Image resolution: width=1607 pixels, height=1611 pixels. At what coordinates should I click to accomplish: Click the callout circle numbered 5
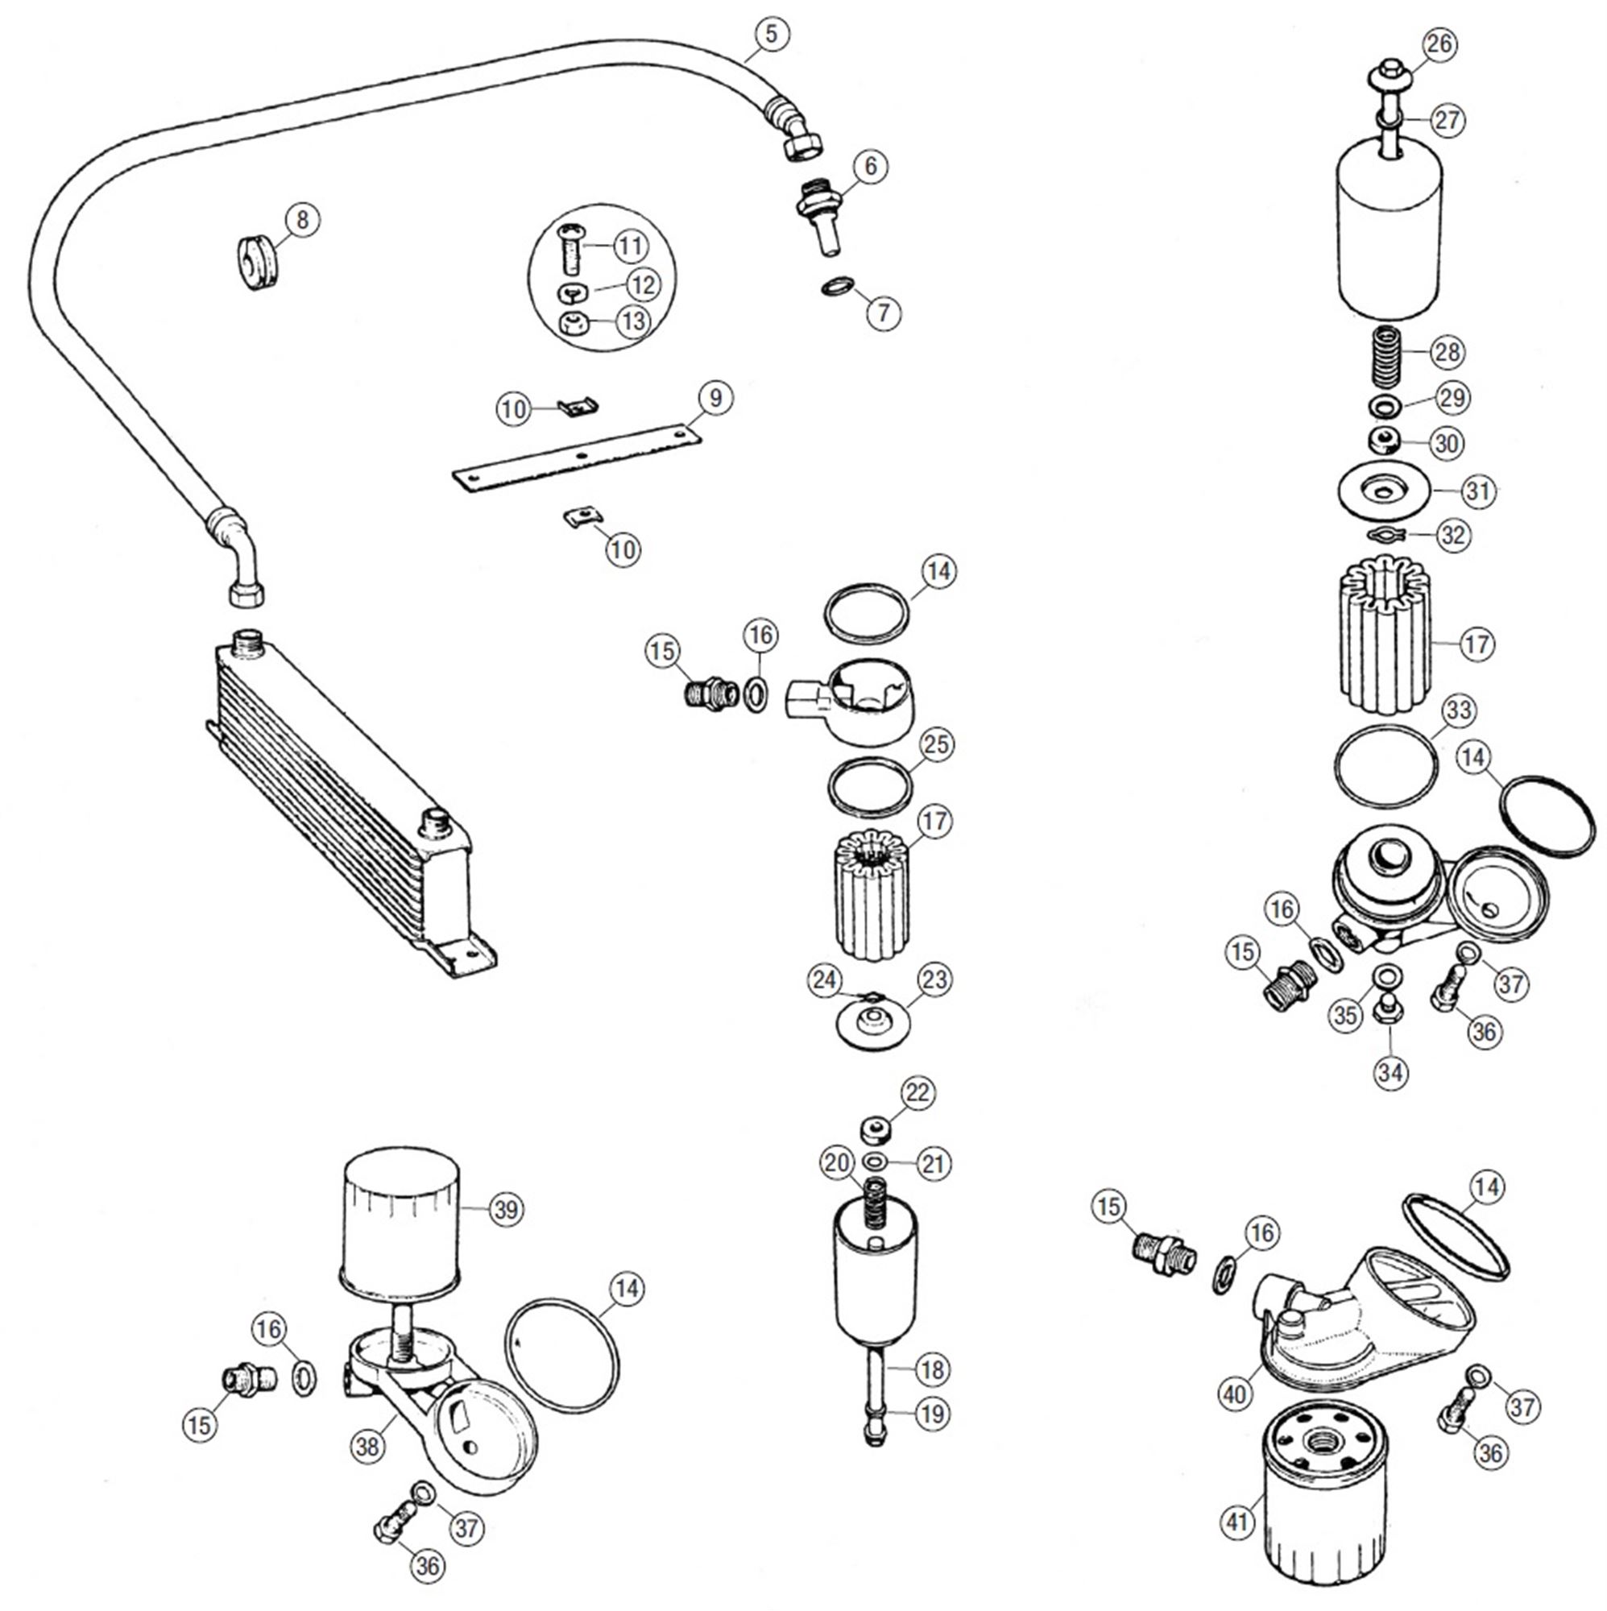click(x=772, y=34)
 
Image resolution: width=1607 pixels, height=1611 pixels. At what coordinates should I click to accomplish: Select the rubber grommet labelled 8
click(x=256, y=263)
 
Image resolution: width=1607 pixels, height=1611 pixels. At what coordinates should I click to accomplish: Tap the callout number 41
click(x=1236, y=1522)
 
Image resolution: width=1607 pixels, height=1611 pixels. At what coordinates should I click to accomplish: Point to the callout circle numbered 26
click(x=1439, y=44)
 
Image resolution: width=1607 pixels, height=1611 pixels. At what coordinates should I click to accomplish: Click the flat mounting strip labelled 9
click(x=575, y=458)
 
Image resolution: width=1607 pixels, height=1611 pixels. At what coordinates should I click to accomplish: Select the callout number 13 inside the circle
click(x=633, y=321)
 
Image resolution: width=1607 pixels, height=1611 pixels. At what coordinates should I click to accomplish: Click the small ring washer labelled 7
click(x=836, y=287)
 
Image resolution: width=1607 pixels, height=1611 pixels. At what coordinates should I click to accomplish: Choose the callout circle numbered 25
click(x=936, y=743)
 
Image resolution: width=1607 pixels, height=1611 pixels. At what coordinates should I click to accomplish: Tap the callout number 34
click(x=1390, y=1072)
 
